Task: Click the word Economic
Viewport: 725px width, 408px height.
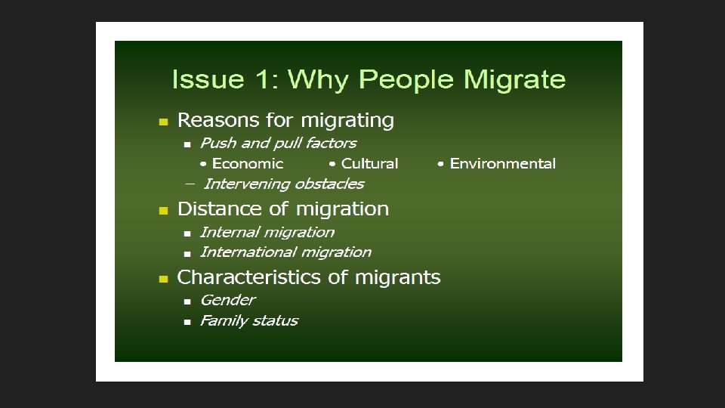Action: [248, 164]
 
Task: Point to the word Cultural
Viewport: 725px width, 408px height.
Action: [369, 164]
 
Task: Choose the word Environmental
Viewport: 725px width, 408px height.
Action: [502, 164]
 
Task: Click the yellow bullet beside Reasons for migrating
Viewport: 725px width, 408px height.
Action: [162, 122]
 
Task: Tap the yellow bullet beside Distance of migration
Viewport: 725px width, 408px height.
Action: [162, 211]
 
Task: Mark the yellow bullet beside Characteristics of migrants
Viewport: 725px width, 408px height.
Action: [162, 280]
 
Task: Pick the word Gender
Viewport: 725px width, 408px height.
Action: [227, 300]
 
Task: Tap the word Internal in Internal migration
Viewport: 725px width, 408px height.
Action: [230, 233]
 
